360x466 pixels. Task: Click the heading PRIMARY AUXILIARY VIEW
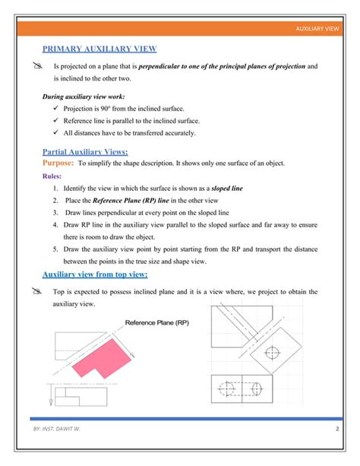point(99,49)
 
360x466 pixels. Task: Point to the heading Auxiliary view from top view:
point(95,274)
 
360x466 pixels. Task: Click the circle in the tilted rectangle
point(274,353)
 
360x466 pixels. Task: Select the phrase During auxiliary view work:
point(83,97)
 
